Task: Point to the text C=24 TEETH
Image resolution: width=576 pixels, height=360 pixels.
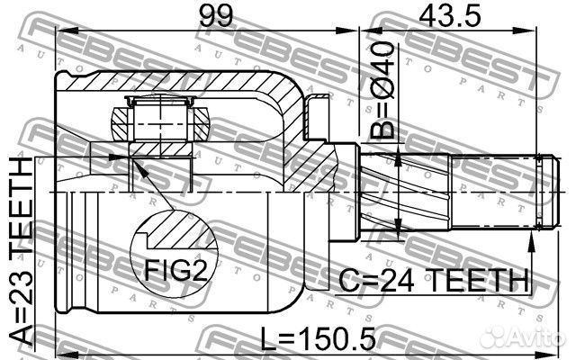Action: pos(433,281)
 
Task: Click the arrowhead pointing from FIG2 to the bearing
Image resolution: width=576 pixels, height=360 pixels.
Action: pos(134,163)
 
